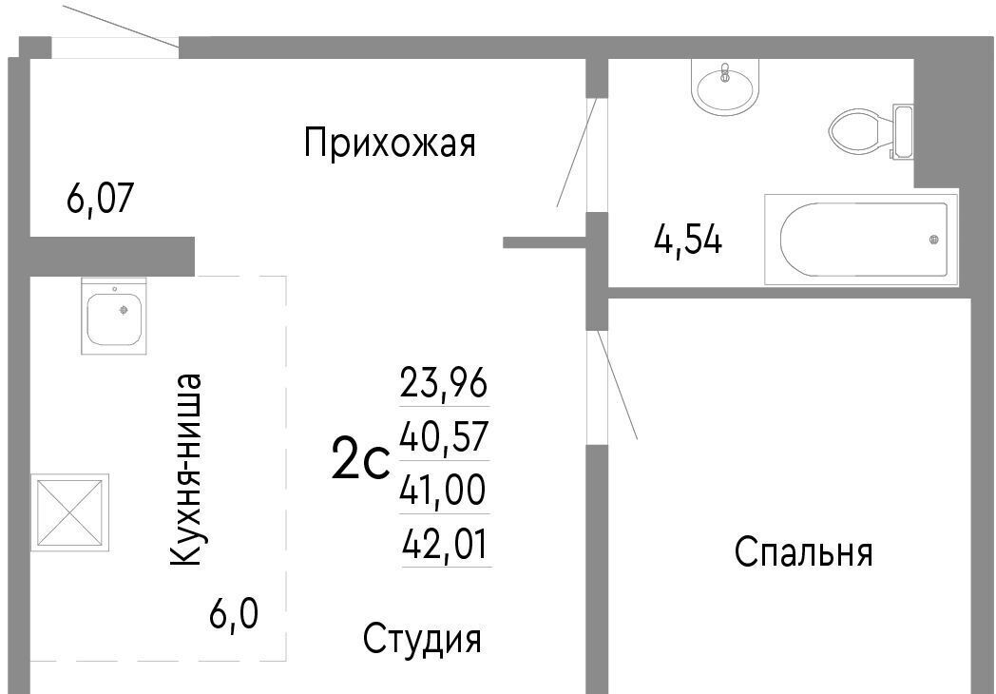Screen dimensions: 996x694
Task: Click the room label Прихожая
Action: [x=390, y=143]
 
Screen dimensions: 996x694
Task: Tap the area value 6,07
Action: [x=100, y=199]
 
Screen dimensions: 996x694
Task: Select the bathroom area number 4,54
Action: [x=688, y=241]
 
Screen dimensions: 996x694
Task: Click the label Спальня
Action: [x=803, y=551]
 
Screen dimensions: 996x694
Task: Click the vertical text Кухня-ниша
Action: [x=186, y=470]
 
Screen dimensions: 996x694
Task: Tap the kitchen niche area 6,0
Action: [x=233, y=613]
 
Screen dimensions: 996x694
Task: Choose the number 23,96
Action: [x=444, y=382]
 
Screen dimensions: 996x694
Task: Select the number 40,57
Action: [x=444, y=436]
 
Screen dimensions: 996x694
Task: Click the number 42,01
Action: [x=446, y=544]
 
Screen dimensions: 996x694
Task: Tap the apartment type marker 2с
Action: [x=359, y=462]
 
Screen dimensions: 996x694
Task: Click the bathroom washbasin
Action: [x=725, y=86]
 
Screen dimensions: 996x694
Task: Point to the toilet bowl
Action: [x=855, y=131]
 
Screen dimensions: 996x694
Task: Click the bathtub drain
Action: [x=933, y=240]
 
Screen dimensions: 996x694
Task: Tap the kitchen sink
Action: [x=114, y=316]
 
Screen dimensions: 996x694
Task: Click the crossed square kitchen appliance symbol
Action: [x=70, y=512]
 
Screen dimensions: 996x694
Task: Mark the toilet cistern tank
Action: [x=903, y=131]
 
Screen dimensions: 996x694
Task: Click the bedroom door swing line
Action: [x=617, y=384]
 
